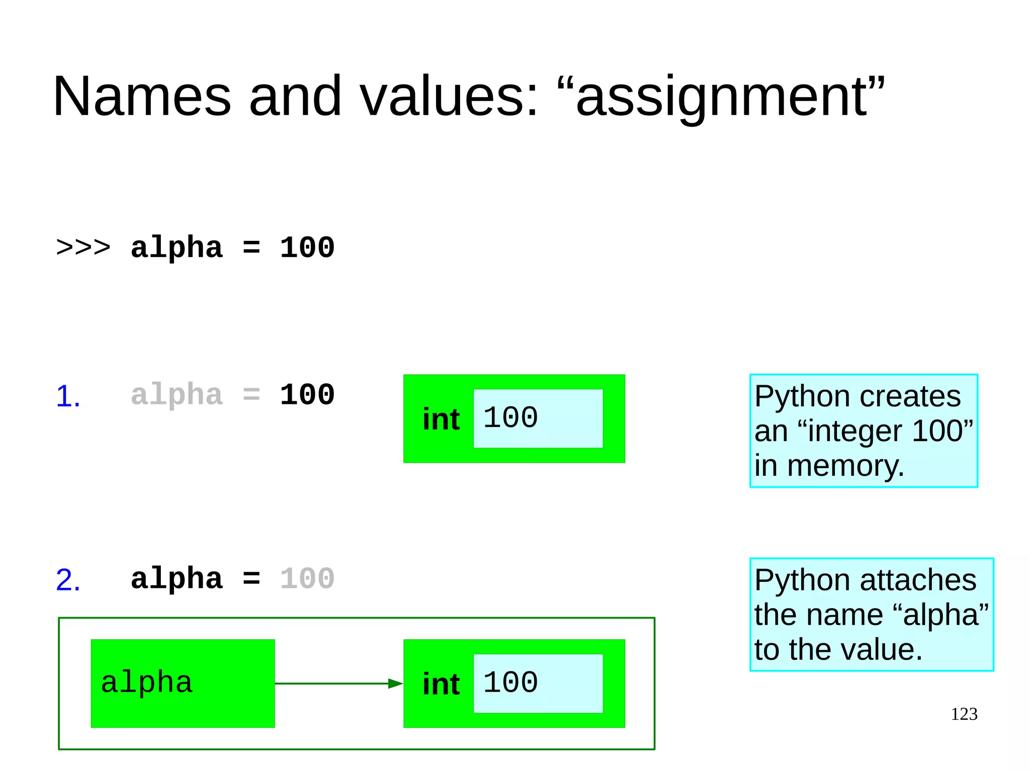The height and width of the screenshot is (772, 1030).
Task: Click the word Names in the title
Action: point(142,96)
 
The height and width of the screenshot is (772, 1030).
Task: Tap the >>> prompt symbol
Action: point(83,247)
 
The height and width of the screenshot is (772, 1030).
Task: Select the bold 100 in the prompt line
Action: point(307,247)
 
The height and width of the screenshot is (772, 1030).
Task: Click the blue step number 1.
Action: point(68,396)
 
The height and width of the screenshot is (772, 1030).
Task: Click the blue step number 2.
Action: point(68,580)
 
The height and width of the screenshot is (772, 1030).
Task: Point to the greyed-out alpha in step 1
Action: point(177,395)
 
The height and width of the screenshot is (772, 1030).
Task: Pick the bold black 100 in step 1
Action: point(307,395)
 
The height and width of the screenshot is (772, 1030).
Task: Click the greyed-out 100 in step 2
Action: point(307,578)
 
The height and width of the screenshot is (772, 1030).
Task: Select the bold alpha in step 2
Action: point(177,579)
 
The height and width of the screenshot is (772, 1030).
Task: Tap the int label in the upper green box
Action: point(441,419)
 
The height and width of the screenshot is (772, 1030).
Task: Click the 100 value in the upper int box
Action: point(510,417)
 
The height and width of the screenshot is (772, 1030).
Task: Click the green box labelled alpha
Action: point(183,683)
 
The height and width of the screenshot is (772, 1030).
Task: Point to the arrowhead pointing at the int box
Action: point(395,683)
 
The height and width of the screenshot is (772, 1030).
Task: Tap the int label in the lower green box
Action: point(441,684)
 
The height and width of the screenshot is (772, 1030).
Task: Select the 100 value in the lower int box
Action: point(510,682)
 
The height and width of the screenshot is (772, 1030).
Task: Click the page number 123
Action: point(964,714)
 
